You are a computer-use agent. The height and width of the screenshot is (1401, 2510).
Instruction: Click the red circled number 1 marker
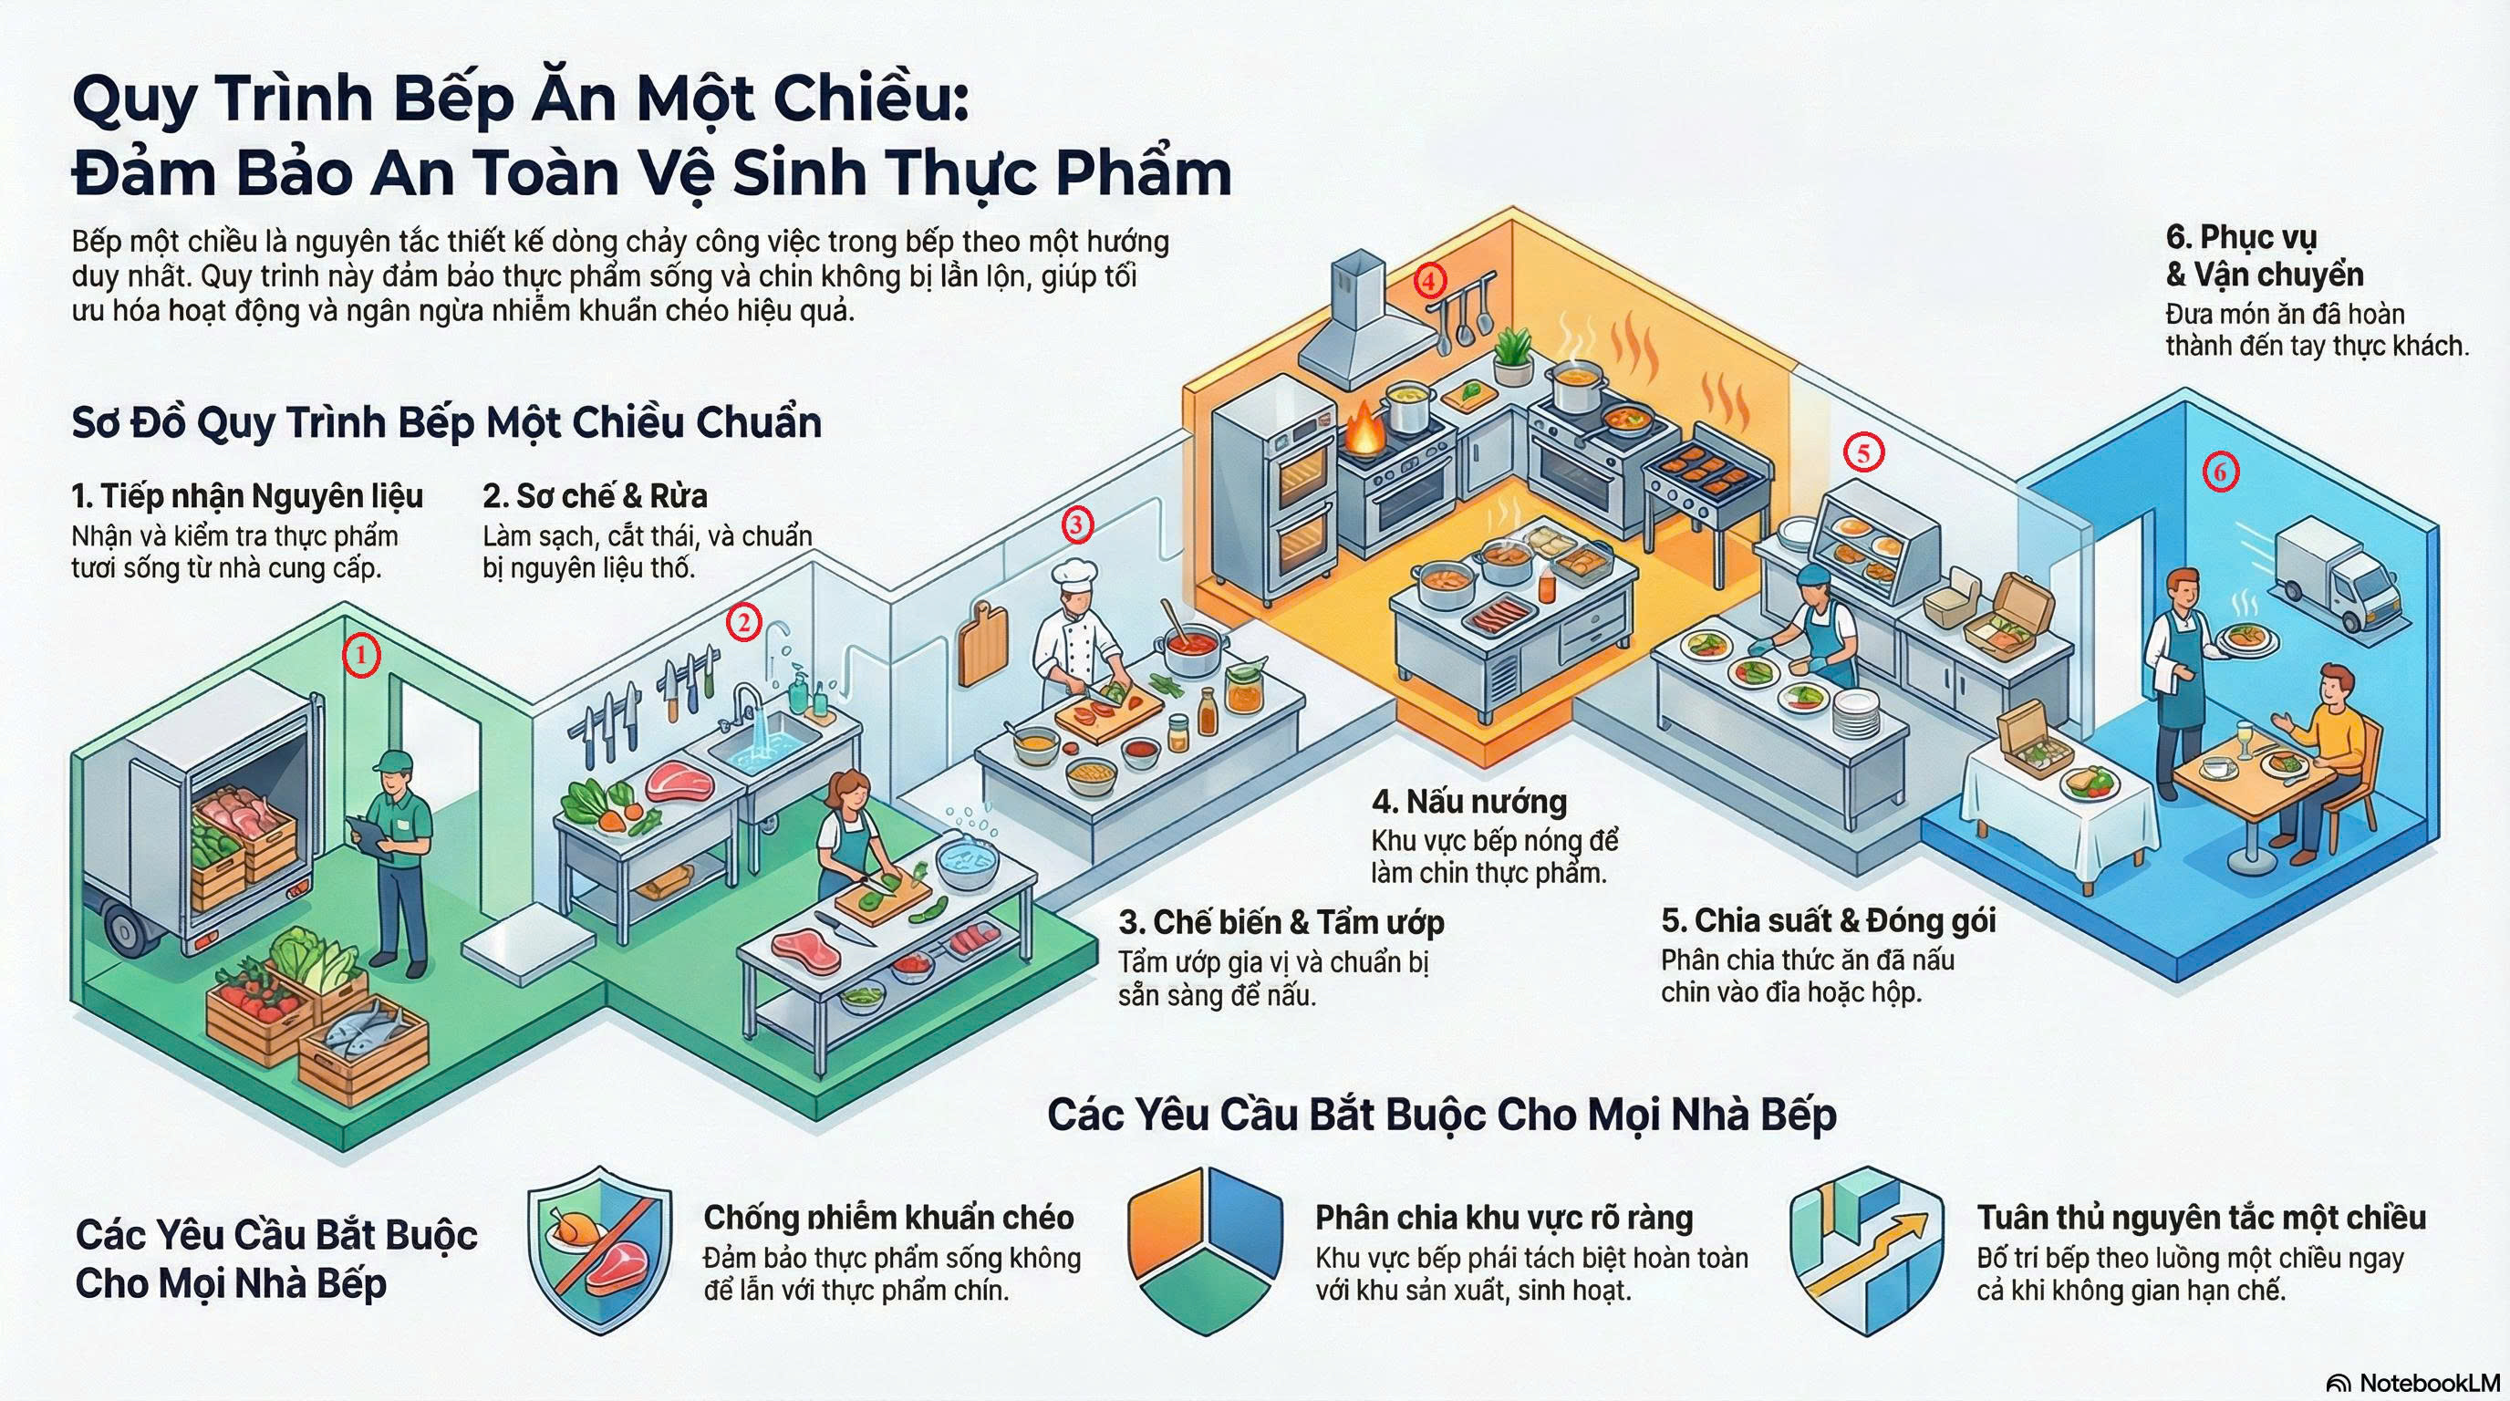pyautogui.click(x=360, y=655)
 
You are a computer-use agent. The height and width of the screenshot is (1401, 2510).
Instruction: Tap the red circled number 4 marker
pyautogui.click(x=1429, y=281)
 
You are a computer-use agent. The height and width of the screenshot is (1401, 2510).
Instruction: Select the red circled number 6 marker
pyautogui.click(x=2221, y=472)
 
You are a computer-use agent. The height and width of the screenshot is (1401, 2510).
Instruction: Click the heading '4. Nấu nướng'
pyautogui.click(x=1469, y=801)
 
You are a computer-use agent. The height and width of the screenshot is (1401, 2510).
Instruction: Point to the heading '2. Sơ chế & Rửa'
pyautogui.click(x=596, y=496)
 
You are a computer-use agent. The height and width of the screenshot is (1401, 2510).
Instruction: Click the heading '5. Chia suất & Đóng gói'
pyautogui.click(x=1828, y=919)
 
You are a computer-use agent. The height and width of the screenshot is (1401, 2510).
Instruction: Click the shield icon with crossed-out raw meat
pyautogui.click(x=599, y=1250)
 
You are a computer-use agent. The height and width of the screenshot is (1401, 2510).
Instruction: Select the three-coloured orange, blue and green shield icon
pyautogui.click(x=1206, y=1250)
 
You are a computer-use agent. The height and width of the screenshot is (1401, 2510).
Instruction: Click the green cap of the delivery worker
pyautogui.click(x=390, y=761)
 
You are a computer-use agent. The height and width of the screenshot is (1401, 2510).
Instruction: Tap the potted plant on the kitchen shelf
pyautogui.click(x=1511, y=356)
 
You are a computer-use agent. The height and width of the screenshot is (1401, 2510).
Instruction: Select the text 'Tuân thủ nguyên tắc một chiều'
pyautogui.click(x=2201, y=1217)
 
